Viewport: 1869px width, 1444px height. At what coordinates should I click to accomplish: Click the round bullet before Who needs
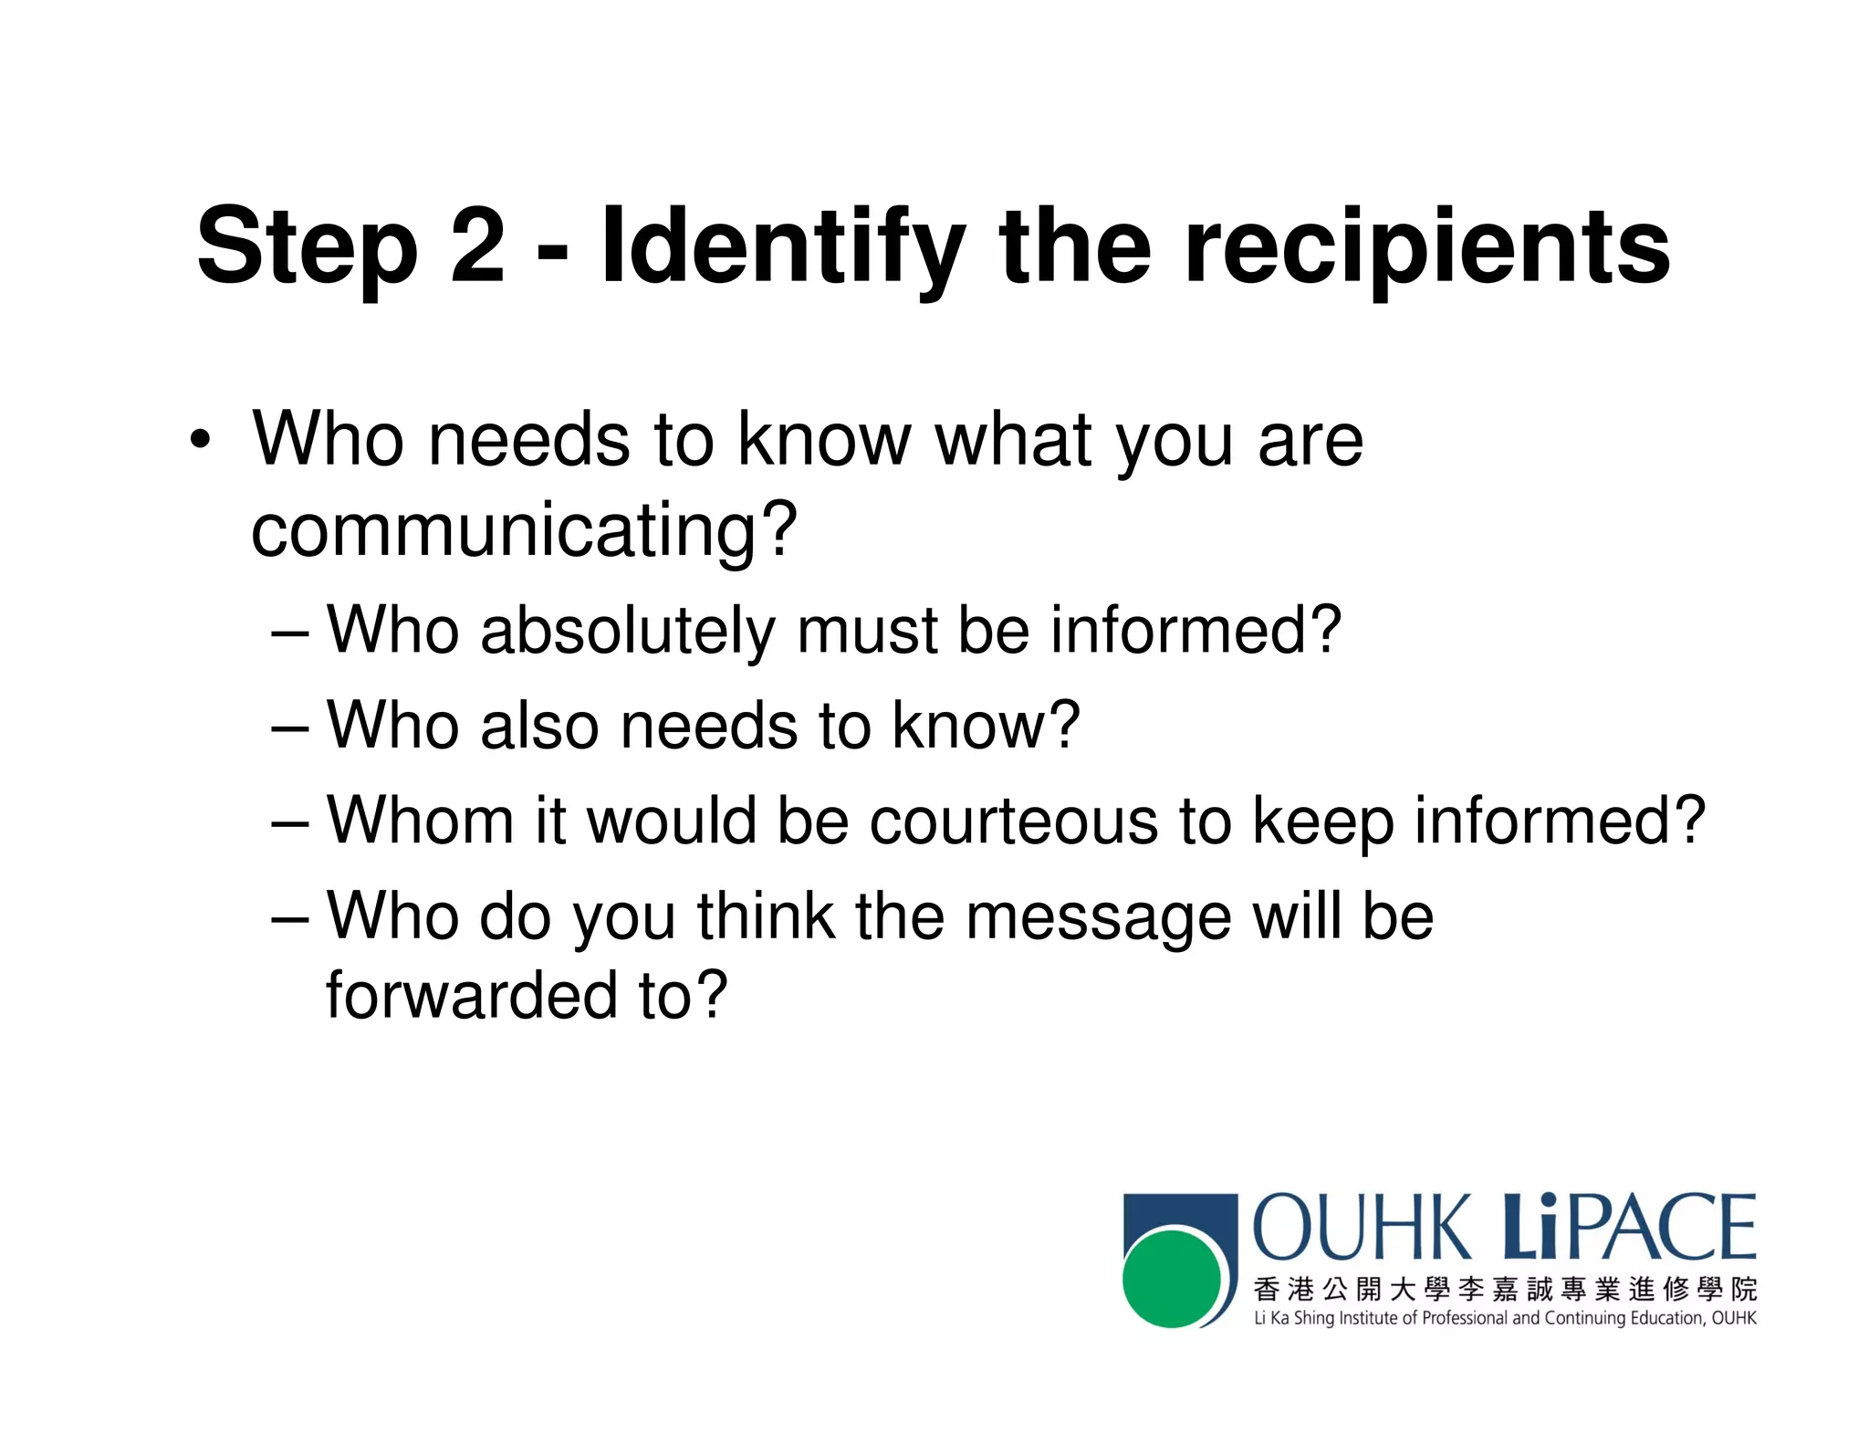click(200, 441)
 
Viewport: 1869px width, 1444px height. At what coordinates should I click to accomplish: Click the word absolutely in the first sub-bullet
click(627, 631)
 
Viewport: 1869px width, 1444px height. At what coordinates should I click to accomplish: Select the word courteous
click(1012, 821)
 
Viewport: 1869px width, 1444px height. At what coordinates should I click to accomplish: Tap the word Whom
click(420, 821)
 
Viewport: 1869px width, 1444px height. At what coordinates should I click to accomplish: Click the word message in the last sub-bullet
click(1098, 918)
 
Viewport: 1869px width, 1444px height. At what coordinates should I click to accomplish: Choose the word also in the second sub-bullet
click(539, 726)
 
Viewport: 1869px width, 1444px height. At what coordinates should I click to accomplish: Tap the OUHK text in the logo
click(1361, 1228)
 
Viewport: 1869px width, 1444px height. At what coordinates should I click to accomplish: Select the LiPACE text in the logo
click(1629, 1228)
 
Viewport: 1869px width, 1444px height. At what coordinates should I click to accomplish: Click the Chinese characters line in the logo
click(1504, 1289)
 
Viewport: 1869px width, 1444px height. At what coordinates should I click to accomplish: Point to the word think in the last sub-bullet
click(766, 916)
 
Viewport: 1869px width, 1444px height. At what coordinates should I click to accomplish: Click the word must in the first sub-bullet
click(866, 631)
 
